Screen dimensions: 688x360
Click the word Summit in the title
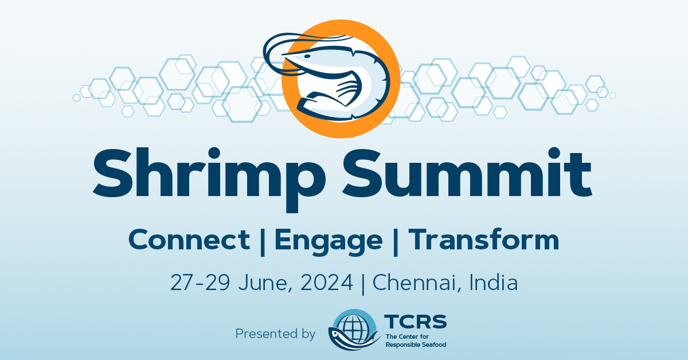coord(467,173)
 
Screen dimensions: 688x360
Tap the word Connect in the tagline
coord(189,240)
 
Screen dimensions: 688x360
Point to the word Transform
coord(483,239)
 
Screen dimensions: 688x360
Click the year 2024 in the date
coord(326,283)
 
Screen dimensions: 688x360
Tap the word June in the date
coord(265,283)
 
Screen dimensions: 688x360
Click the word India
coord(494,282)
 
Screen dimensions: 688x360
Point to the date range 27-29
coord(200,283)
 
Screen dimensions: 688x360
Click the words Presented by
coord(275,334)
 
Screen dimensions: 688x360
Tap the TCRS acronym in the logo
coord(415,322)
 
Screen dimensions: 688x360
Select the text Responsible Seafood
coord(416,345)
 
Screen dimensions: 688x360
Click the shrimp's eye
coord(307,56)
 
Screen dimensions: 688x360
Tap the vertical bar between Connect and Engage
coord(263,242)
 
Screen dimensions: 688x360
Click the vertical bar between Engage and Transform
coord(396,242)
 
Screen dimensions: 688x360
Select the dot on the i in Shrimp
coord(214,152)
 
